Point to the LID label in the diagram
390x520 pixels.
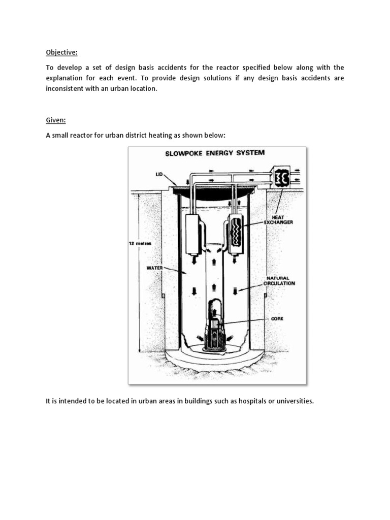click(159, 174)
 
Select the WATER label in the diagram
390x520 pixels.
click(154, 267)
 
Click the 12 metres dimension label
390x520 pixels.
click(141, 243)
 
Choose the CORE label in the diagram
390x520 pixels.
click(277, 319)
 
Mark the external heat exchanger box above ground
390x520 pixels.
click(280, 178)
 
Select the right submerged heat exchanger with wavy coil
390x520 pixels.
click(236, 234)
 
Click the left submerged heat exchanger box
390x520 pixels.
click(193, 234)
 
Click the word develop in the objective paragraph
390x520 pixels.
click(73, 68)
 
